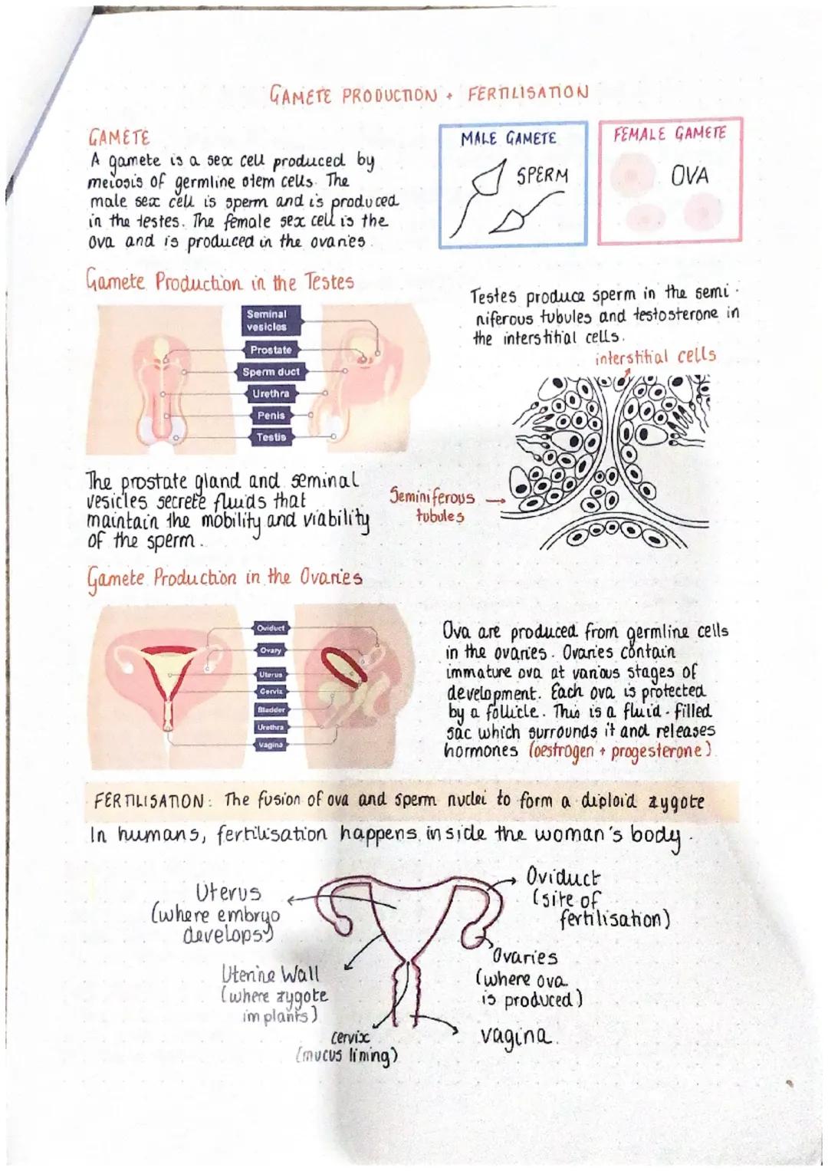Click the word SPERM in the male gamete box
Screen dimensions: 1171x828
[x=542, y=176]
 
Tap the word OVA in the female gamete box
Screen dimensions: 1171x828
[x=689, y=176]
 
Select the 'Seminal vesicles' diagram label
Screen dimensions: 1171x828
[x=267, y=321]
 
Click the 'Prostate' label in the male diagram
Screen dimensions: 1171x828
[x=271, y=350]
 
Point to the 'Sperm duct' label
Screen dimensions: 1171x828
[x=271, y=372]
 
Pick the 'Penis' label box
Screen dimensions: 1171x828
[x=271, y=415]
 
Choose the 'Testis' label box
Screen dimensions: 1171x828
[x=271, y=437]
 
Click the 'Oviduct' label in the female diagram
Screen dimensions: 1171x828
[x=271, y=628]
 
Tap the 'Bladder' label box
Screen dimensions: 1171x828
[x=271, y=710]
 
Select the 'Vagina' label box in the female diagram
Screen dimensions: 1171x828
[x=271, y=745]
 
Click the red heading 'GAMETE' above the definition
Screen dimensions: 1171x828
[x=119, y=138]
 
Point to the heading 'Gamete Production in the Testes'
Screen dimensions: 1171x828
[x=219, y=282]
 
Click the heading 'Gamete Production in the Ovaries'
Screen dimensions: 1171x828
[x=224, y=577]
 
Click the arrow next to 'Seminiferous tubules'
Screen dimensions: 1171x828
[x=496, y=500]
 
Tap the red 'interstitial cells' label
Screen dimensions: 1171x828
[x=655, y=357]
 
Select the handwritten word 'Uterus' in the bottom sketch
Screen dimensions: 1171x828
[x=228, y=893]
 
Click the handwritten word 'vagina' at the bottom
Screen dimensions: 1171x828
[x=515, y=1036]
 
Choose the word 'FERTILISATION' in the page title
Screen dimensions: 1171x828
[x=527, y=93]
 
